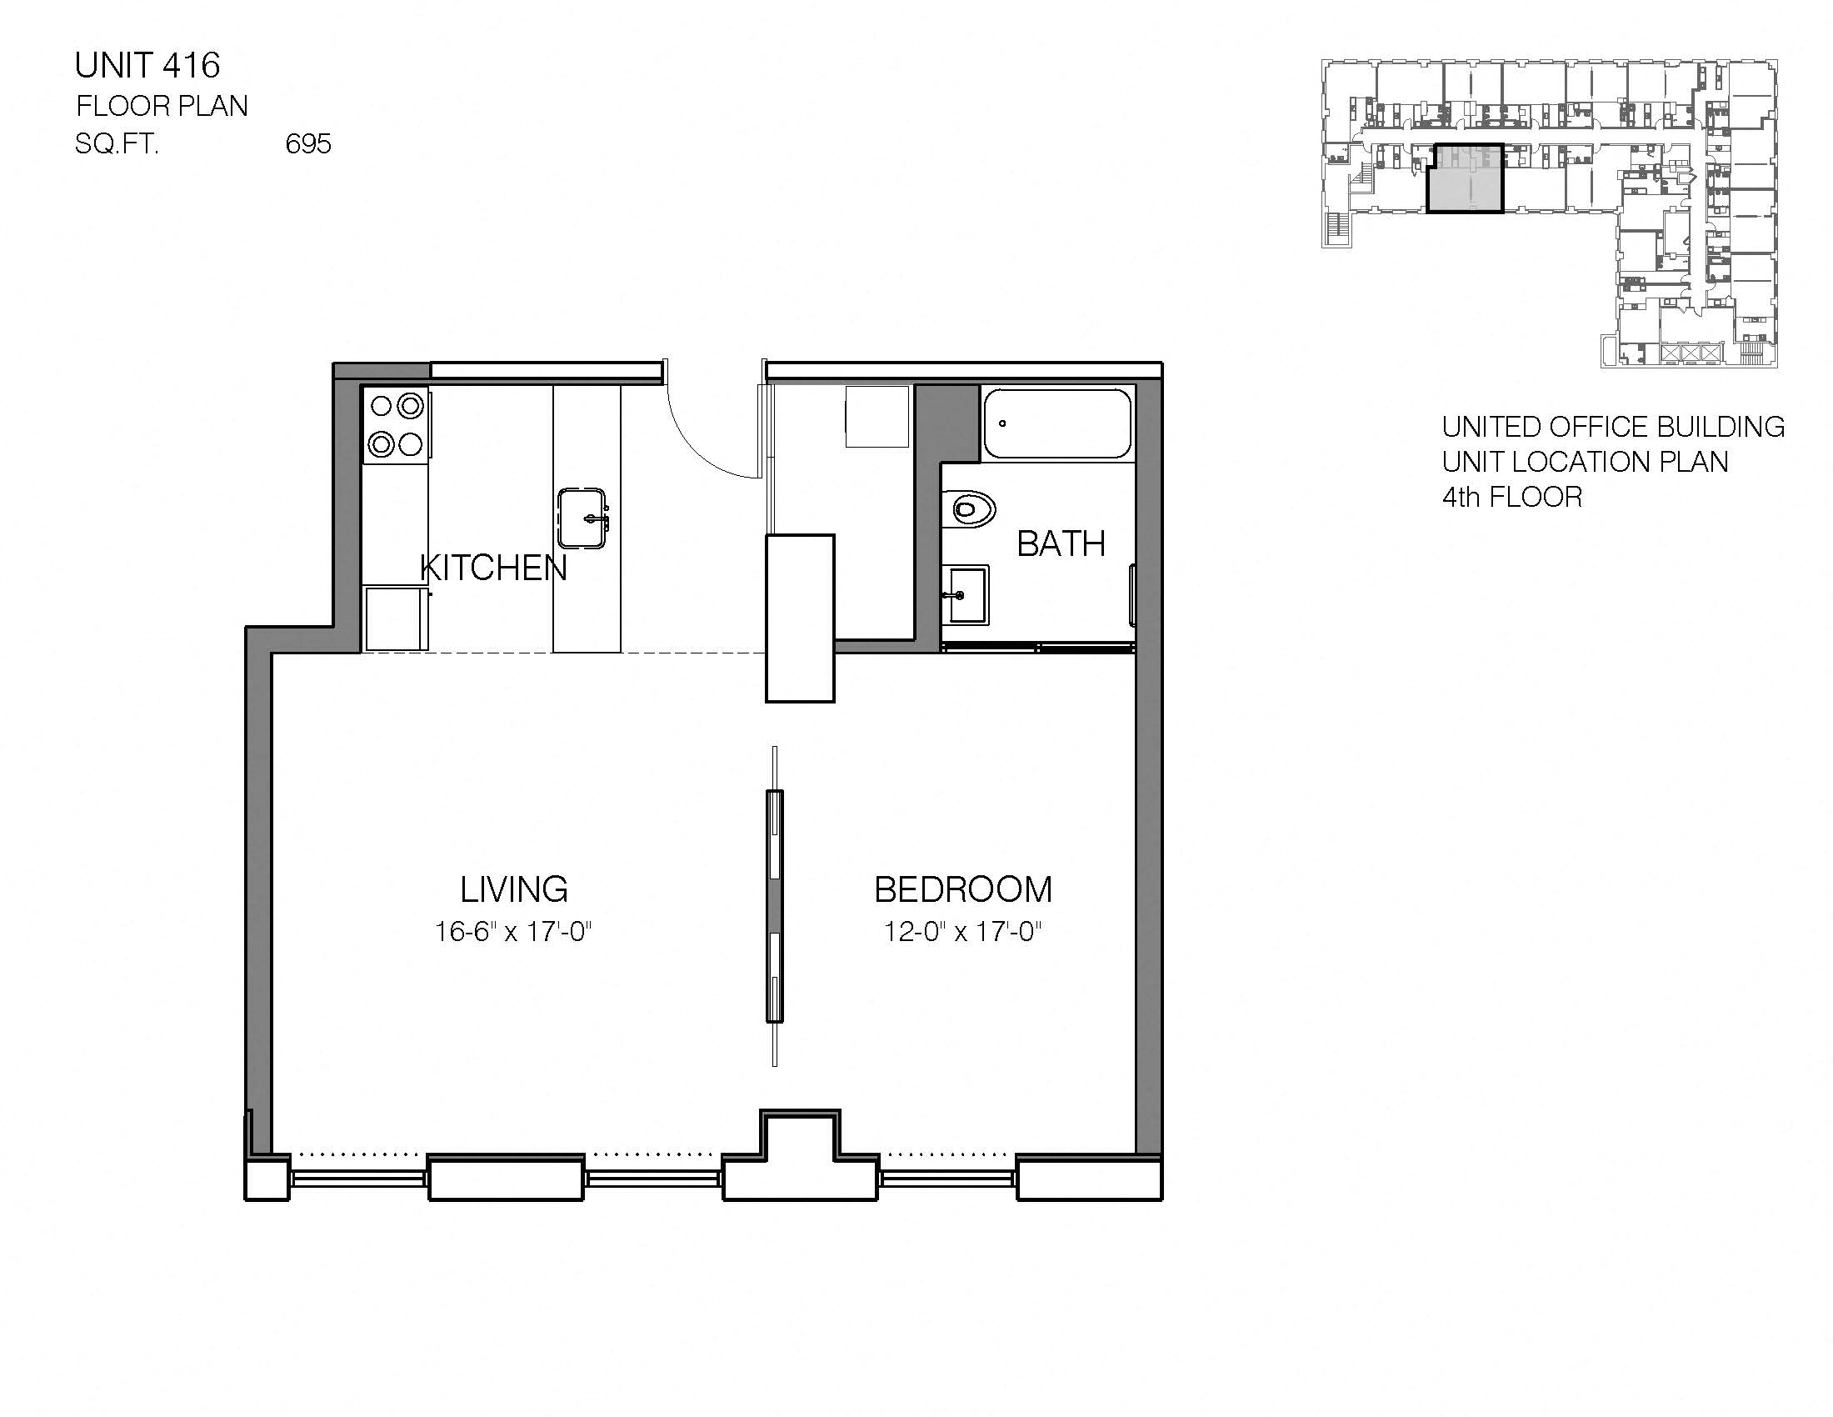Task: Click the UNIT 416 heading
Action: pyautogui.click(x=147, y=66)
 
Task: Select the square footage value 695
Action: pyautogui.click(x=308, y=144)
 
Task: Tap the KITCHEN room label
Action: pyautogui.click(x=492, y=568)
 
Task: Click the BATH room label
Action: pyautogui.click(x=1061, y=544)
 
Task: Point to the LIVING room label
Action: pyautogui.click(x=513, y=889)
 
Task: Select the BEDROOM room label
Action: pyautogui.click(x=962, y=890)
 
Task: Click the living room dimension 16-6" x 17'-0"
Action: pyautogui.click(x=512, y=932)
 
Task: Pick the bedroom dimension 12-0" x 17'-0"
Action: pyautogui.click(x=962, y=932)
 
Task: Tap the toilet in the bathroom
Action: pyautogui.click(x=971, y=508)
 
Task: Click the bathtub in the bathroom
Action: pyautogui.click(x=1056, y=423)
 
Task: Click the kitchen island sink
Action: pyautogui.click(x=582, y=518)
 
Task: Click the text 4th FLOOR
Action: pyautogui.click(x=1511, y=497)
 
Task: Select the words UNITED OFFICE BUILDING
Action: pyautogui.click(x=1612, y=427)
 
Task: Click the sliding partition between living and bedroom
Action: pyautogui.click(x=774, y=907)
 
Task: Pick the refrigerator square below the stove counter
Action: pyautogui.click(x=394, y=618)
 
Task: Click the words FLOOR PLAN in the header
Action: pyautogui.click(x=162, y=106)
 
